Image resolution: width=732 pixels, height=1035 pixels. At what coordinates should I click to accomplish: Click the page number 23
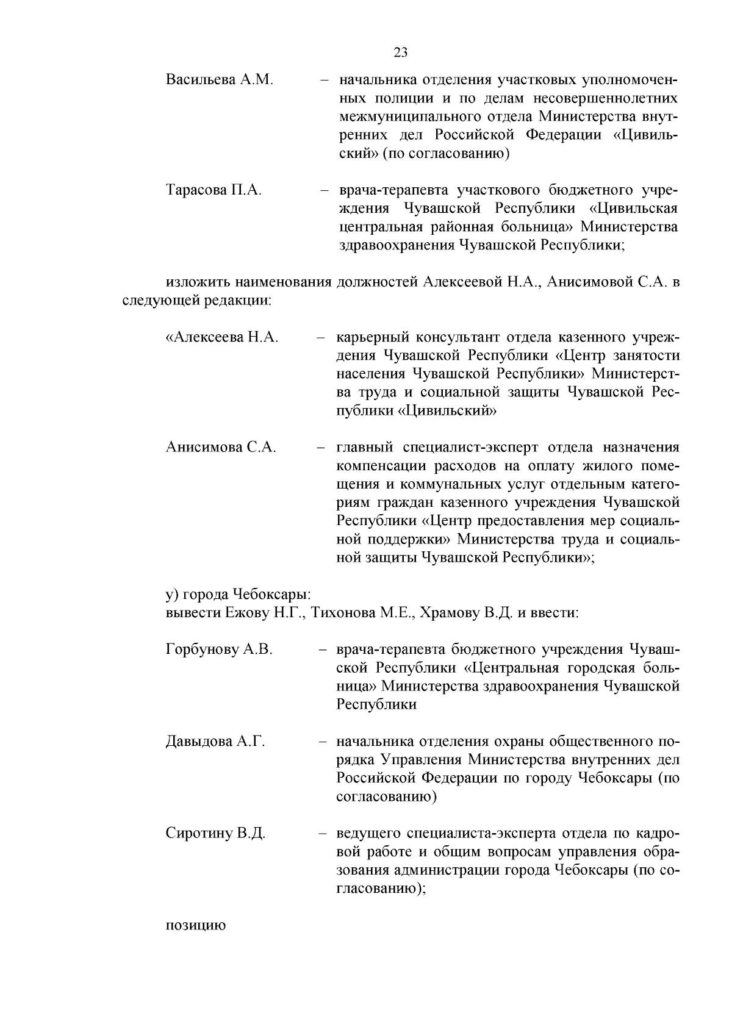(x=401, y=52)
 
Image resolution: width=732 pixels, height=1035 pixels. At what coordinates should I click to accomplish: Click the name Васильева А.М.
(x=219, y=80)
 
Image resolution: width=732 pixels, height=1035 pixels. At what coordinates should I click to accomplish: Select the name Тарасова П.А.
(x=213, y=190)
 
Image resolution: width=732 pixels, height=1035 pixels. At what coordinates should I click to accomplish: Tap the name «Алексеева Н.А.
(x=222, y=337)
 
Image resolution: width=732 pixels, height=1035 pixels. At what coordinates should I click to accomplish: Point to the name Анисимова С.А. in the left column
(x=221, y=448)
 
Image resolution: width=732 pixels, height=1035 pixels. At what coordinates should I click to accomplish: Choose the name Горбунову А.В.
(x=219, y=650)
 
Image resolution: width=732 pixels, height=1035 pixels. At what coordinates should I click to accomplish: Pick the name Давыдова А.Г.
(x=215, y=742)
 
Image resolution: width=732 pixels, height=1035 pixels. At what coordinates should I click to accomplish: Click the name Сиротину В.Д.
(x=215, y=834)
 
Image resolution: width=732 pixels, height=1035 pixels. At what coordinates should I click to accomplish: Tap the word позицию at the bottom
(x=196, y=926)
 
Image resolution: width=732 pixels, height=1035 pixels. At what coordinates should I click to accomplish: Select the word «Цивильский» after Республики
(x=447, y=411)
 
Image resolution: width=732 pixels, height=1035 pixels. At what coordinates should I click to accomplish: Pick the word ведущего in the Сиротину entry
(x=368, y=834)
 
